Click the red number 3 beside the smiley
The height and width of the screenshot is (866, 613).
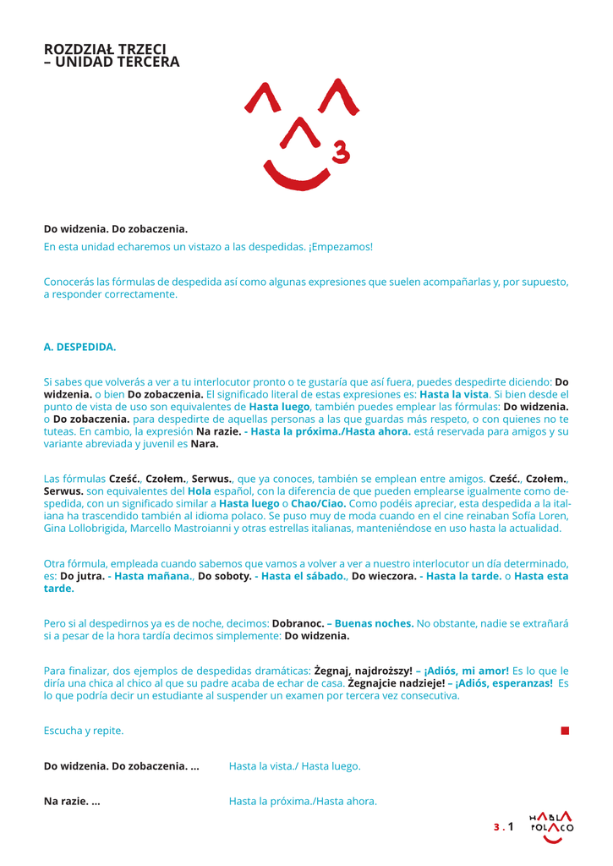[x=341, y=152]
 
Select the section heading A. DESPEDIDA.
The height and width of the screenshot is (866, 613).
[x=79, y=347]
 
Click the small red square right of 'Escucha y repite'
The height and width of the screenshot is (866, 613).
[x=565, y=730]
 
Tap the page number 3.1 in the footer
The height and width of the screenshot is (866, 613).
[x=504, y=827]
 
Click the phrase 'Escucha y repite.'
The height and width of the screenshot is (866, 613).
[x=84, y=730]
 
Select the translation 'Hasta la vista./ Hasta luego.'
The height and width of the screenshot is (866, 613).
[x=294, y=766]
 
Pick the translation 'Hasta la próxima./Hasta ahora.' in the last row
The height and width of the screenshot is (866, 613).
[x=303, y=801]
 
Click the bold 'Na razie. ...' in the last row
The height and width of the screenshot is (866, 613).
[x=72, y=801]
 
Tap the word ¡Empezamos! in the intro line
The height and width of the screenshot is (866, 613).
[x=341, y=247]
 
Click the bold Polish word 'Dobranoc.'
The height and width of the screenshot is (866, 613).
[x=298, y=623]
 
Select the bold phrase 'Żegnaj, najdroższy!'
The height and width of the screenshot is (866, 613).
[x=363, y=671]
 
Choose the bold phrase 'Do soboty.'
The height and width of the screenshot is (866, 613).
[x=225, y=576]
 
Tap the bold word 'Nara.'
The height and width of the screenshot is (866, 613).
[x=205, y=443]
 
